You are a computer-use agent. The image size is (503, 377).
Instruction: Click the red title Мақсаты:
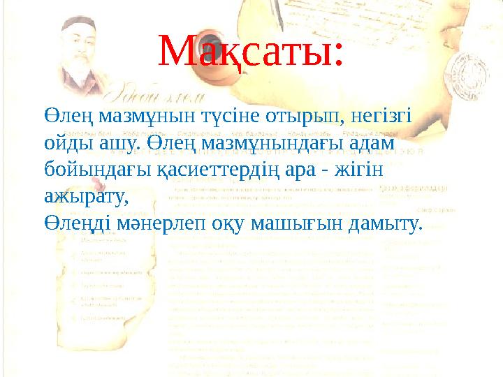coord(251,50)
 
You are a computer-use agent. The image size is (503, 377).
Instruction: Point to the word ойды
coord(66,142)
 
